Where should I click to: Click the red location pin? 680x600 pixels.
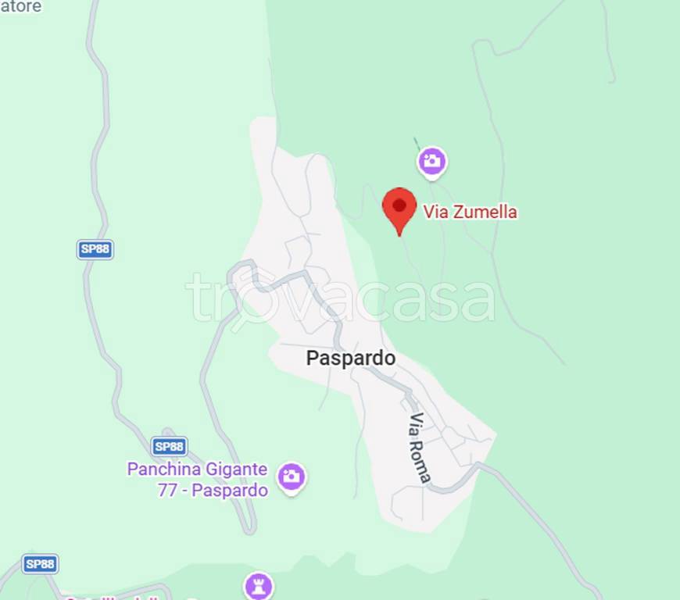point(399,209)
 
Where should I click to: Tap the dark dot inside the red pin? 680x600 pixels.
point(399,205)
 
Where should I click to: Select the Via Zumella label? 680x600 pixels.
point(470,212)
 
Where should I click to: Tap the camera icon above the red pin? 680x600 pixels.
point(431,162)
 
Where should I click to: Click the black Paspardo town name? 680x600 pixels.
point(351,358)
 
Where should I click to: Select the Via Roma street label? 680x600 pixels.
point(420,448)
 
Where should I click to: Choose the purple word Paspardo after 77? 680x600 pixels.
point(231,491)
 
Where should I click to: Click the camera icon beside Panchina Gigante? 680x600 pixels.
point(292,475)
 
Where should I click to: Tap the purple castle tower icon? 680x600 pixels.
point(258,584)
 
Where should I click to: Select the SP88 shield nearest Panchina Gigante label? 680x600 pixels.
point(169,447)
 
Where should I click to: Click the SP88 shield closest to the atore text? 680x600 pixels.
point(95,249)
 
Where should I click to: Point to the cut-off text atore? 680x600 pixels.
point(20,6)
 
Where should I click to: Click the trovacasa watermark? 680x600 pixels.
point(340,298)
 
